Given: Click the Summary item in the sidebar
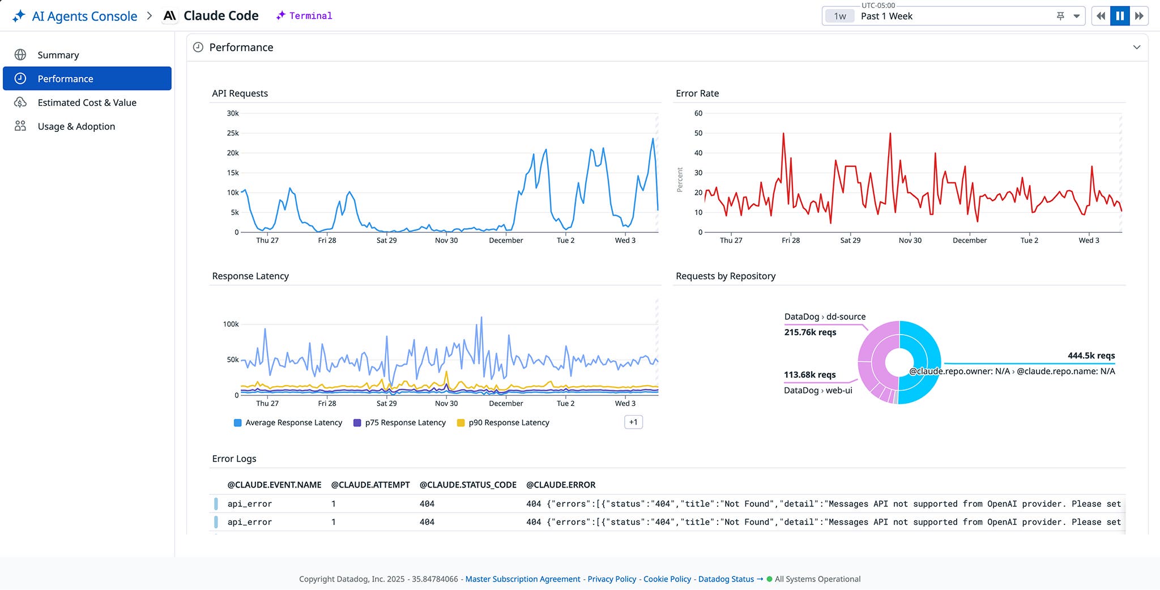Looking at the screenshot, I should tap(58, 55).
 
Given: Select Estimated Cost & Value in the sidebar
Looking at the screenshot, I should tap(87, 102).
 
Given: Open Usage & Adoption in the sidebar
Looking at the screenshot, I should tap(76, 126).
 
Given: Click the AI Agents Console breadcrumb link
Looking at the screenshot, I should tap(84, 16).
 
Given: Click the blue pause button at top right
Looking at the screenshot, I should tap(1119, 16).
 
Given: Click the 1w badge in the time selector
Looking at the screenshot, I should tap(839, 16).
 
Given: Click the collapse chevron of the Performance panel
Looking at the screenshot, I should tap(1136, 47).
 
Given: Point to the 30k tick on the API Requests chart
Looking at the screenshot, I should tap(233, 113).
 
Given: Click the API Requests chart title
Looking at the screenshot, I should tap(240, 93).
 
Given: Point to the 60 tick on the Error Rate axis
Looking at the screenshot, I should tap(698, 113).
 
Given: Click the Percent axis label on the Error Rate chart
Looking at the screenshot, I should tap(680, 179).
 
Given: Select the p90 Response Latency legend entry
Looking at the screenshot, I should tap(508, 422).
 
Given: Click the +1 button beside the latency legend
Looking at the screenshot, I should tap(633, 422).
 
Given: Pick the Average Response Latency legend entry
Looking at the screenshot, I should tap(293, 422).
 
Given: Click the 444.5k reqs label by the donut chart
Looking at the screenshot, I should tap(1090, 356).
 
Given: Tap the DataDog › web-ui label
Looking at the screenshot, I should tap(817, 390).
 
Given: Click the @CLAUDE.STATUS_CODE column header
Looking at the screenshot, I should tap(467, 485).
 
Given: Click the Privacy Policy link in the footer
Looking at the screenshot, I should tap(612, 579).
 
